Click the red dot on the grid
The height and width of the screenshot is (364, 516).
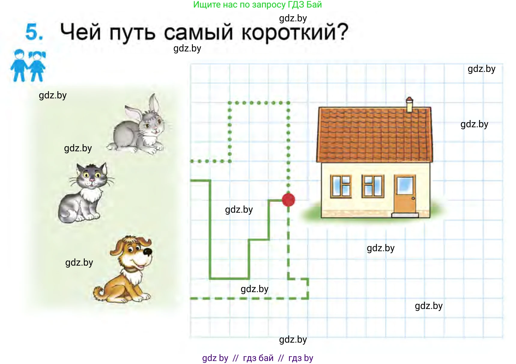tap(288, 200)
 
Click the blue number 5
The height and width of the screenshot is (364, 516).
tap(34, 32)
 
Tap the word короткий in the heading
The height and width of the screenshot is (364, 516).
tap(294, 32)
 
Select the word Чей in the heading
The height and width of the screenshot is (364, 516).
tap(80, 32)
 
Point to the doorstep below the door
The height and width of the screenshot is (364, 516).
tap(405, 215)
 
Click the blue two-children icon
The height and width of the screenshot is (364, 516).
tap(28, 66)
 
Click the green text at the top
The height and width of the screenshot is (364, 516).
tap(257, 5)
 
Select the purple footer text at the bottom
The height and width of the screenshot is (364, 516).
tap(257, 358)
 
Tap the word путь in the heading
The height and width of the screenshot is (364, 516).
tap(132, 32)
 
